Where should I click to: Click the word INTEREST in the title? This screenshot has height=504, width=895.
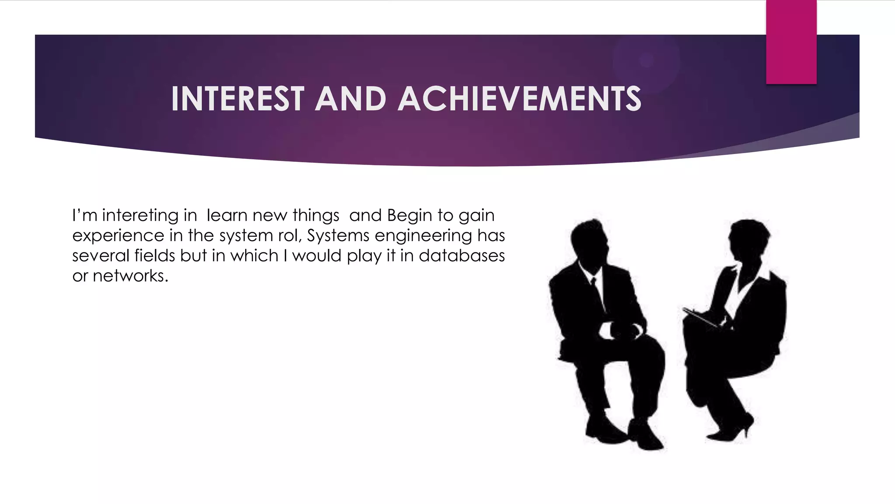237,98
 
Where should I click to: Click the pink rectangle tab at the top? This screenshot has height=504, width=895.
791,42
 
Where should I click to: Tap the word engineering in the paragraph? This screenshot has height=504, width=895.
423,236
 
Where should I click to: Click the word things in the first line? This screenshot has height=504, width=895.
316,216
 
